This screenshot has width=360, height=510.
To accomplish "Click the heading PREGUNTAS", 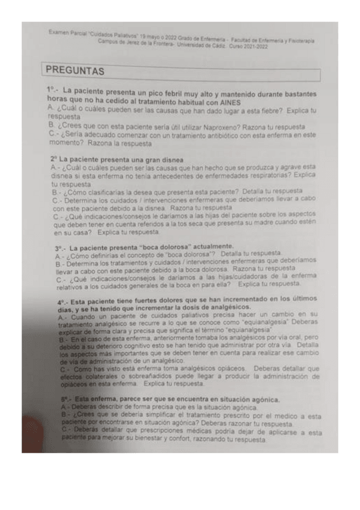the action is pyautogui.click(x=75, y=71).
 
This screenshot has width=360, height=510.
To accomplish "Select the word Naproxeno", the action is pyautogui.click(x=183, y=127).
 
